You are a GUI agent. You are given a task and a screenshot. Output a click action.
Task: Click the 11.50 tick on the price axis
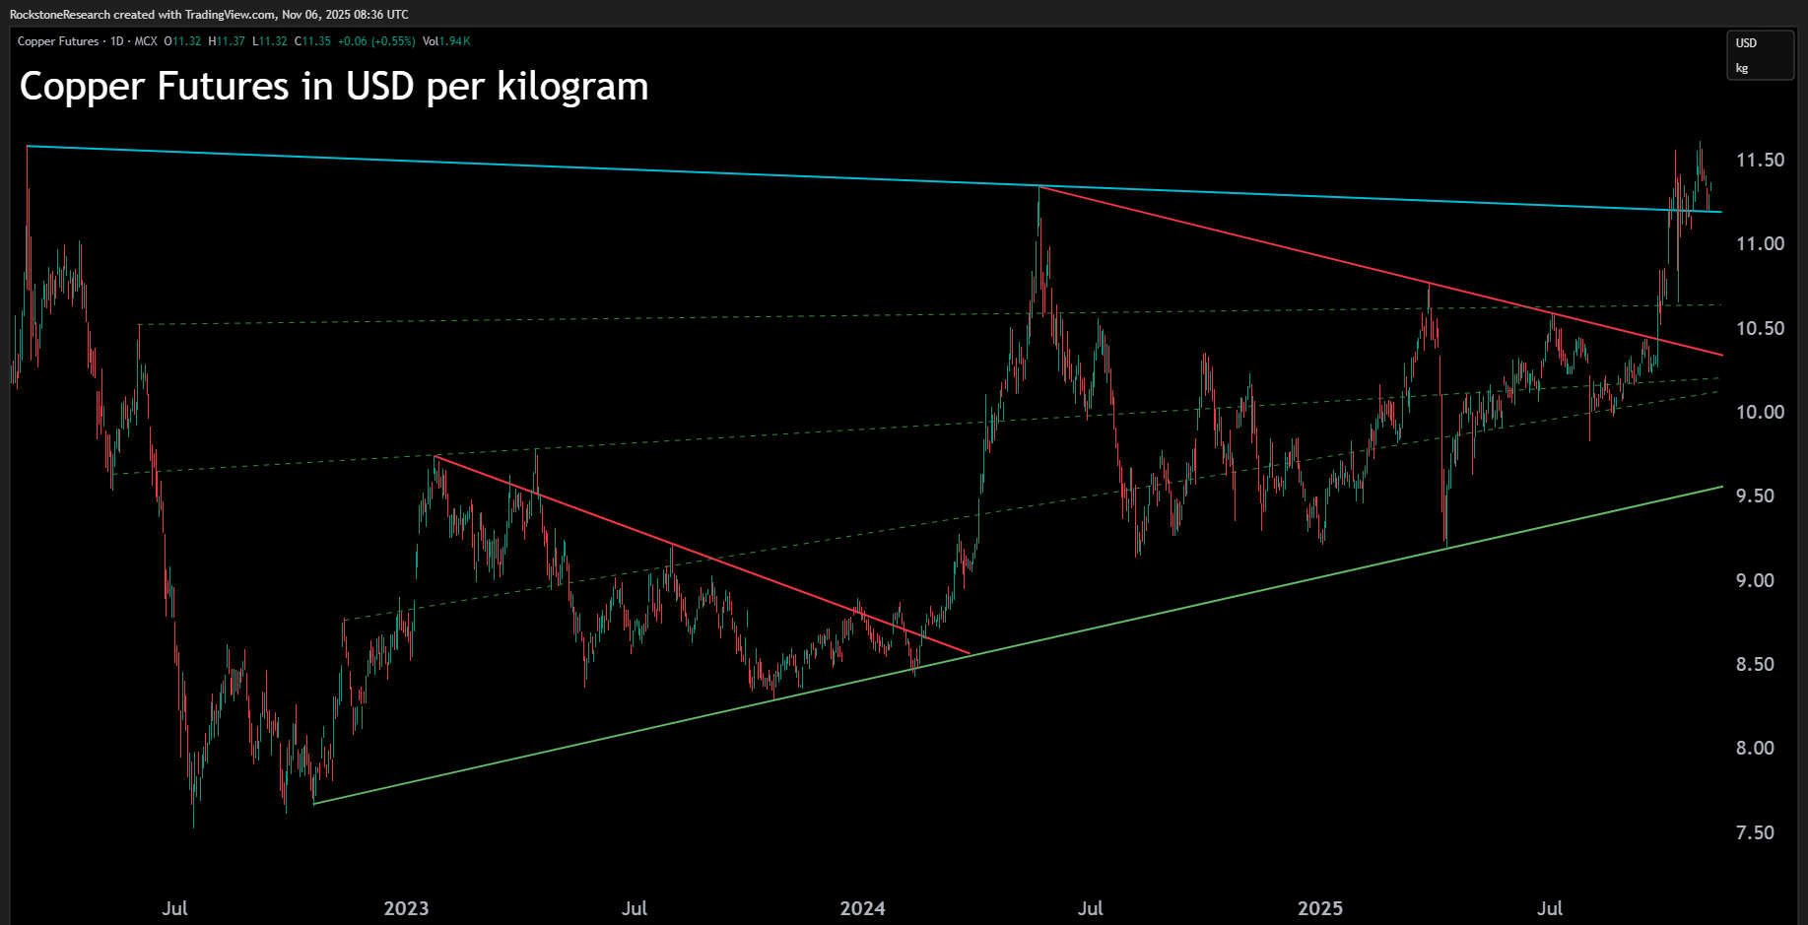click(x=1760, y=160)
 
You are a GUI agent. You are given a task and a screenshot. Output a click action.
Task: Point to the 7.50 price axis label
click(x=1755, y=832)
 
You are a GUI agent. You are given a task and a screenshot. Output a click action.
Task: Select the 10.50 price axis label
click(x=1760, y=328)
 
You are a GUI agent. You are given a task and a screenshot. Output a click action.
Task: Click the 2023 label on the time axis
click(x=406, y=908)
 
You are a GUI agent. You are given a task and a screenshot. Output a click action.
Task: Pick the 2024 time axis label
click(x=862, y=908)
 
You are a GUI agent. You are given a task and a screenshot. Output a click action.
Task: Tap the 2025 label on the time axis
click(x=1319, y=908)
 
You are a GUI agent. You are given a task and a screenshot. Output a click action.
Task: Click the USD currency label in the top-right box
click(x=1746, y=43)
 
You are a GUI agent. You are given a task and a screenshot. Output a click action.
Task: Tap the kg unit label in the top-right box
click(x=1742, y=68)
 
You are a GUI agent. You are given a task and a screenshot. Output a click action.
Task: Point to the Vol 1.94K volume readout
click(x=446, y=41)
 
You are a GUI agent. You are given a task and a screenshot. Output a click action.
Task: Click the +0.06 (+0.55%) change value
click(x=376, y=41)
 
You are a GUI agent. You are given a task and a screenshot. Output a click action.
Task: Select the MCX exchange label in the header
click(x=146, y=41)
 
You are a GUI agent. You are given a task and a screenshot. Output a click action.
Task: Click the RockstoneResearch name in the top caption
click(x=60, y=15)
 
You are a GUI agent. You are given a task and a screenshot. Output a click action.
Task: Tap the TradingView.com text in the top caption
click(x=230, y=15)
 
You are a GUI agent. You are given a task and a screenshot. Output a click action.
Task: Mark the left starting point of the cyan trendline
click(x=28, y=147)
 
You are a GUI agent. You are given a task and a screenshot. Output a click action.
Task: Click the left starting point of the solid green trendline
click(x=313, y=804)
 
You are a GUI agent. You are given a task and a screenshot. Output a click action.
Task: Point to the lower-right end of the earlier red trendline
click(x=970, y=653)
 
